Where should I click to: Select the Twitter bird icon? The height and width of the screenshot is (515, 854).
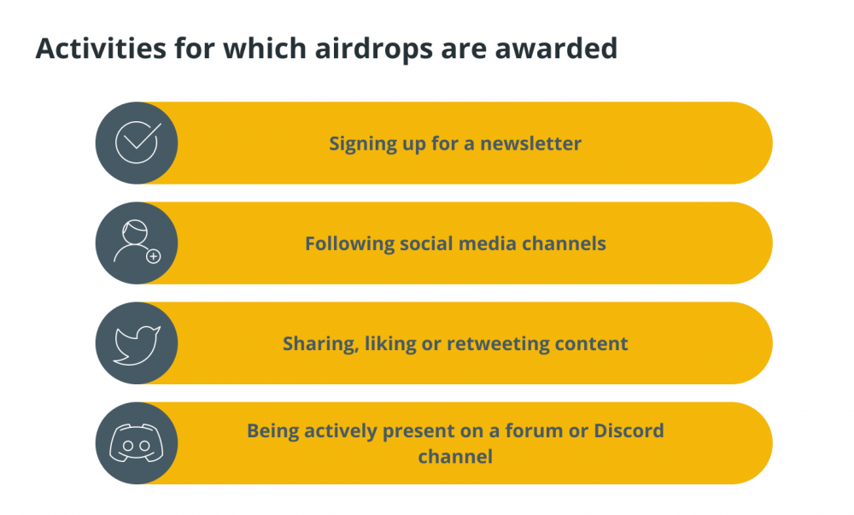(137, 345)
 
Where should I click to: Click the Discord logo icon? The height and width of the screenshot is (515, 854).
(136, 443)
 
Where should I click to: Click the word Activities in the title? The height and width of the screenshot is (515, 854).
(101, 48)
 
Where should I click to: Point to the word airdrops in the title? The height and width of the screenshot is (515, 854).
(374, 49)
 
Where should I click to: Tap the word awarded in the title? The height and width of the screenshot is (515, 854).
(556, 48)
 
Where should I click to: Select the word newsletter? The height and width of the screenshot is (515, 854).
(530, 143)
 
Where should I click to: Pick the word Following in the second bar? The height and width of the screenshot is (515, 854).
(349, 244)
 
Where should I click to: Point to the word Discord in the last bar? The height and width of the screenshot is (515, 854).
(629, 430)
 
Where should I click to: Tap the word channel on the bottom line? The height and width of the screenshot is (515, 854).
(455, 456)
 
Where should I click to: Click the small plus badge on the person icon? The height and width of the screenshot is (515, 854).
(154, 256)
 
